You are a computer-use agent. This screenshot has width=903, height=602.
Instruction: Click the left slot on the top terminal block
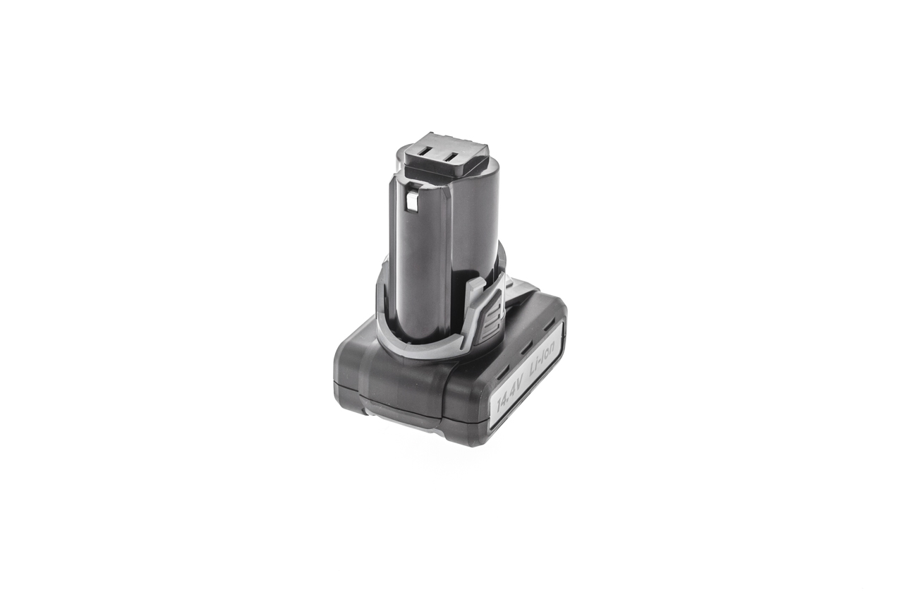pos(428,154)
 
